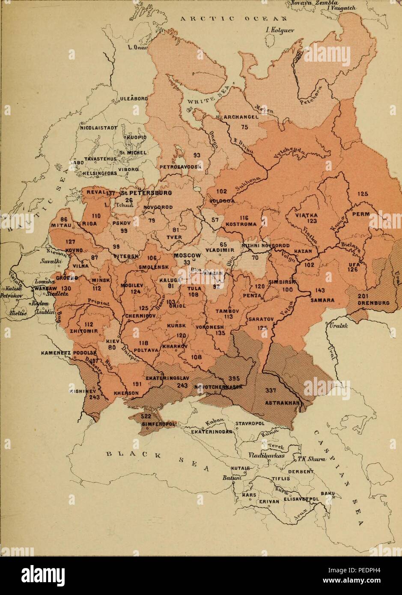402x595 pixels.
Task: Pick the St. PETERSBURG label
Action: click(146, 193)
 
